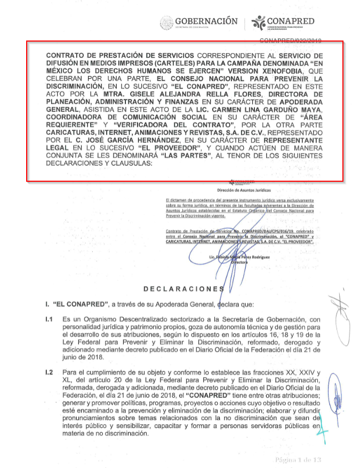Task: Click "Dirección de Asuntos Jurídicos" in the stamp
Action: pyautogui.click(x=244, y=189)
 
